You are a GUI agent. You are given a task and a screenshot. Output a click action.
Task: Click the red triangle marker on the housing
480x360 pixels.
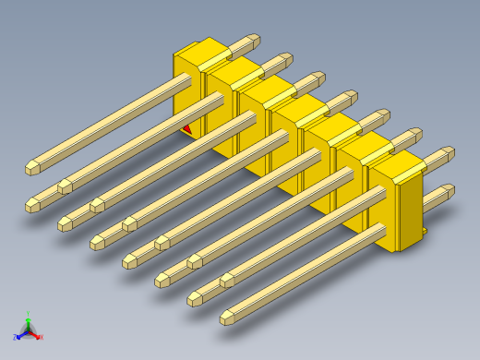point(187,129)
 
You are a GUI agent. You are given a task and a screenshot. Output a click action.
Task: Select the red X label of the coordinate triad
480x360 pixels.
point(41,338)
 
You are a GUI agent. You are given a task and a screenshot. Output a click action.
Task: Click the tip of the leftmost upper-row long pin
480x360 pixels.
point(31,169)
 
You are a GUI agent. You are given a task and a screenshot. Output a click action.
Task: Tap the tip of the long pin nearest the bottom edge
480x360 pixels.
point(227,318)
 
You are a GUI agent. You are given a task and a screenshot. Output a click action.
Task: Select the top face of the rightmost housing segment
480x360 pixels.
point(395,164)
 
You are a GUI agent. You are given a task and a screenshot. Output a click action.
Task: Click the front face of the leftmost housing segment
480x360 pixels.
point(187,92)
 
